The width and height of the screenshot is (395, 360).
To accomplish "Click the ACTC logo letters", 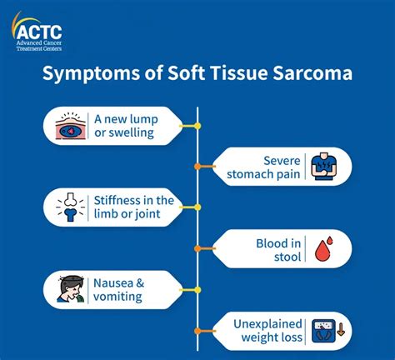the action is [x=39, y=32].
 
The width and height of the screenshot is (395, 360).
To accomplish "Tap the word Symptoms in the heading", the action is [x=91, y=74].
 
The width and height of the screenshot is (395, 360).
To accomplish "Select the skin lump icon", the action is [x=71, y=126].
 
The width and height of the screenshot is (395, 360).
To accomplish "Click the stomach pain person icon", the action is [x=324, y=166].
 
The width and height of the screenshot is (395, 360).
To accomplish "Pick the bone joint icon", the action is [x=70, y=207].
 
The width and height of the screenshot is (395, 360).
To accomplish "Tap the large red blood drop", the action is [x=322, y=251].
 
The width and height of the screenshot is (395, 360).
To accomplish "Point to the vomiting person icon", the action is [x=71, y=289].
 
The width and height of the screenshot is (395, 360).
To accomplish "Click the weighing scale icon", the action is [x=323, y=331].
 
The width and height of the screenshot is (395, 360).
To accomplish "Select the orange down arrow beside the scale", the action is [x=341, y=330].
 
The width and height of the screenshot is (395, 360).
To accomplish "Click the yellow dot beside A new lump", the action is [x=197, y=126].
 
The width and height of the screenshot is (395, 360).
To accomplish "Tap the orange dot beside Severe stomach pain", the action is [x=197, y=167].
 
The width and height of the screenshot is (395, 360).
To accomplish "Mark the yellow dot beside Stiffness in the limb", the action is [x=197, y=207].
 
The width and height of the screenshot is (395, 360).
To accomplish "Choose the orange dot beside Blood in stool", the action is [x=197, y=248].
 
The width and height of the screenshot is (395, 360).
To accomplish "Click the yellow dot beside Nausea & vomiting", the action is [x=197, y=290].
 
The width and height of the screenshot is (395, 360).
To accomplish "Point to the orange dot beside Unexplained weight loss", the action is [x=197, y=331].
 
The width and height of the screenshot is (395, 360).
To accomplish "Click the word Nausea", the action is [x=113, y=283].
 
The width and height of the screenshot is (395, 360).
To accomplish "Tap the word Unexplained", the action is [x=267, y=324].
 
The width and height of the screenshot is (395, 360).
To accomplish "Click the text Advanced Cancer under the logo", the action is [x=39, y=43].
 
